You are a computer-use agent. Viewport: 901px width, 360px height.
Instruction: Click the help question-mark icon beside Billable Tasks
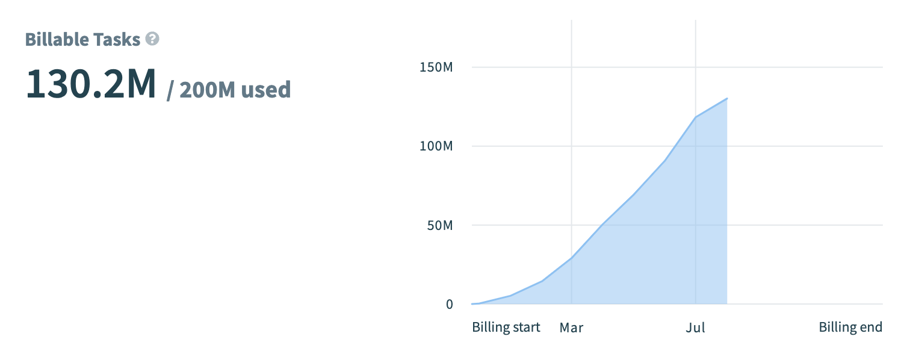153,40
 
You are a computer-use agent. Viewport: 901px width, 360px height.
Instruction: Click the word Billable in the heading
57,40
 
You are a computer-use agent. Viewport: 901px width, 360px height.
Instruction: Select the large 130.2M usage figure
91,85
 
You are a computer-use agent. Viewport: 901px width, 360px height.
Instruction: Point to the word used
266,90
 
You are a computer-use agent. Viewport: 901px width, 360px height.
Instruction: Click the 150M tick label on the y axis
436,67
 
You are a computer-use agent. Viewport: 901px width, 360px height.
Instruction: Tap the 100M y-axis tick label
436,146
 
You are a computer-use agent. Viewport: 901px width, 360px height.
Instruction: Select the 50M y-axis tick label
439,225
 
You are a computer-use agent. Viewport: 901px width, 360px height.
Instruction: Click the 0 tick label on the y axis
449,304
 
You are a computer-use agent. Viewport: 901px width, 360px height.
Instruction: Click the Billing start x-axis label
506,327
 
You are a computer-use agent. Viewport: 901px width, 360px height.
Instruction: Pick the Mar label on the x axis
571,327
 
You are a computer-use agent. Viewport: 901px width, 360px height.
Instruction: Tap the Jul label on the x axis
695,327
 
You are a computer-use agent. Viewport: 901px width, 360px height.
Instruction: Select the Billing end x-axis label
850,327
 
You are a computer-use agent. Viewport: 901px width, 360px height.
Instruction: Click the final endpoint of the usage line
727,98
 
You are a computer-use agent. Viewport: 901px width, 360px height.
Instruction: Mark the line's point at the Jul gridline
696,117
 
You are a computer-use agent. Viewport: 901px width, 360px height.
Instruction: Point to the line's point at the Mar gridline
571,258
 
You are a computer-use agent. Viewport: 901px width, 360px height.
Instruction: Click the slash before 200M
170,90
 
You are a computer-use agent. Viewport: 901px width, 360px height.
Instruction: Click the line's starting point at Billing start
473,303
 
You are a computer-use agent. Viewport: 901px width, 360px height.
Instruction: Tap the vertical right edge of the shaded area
727,205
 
